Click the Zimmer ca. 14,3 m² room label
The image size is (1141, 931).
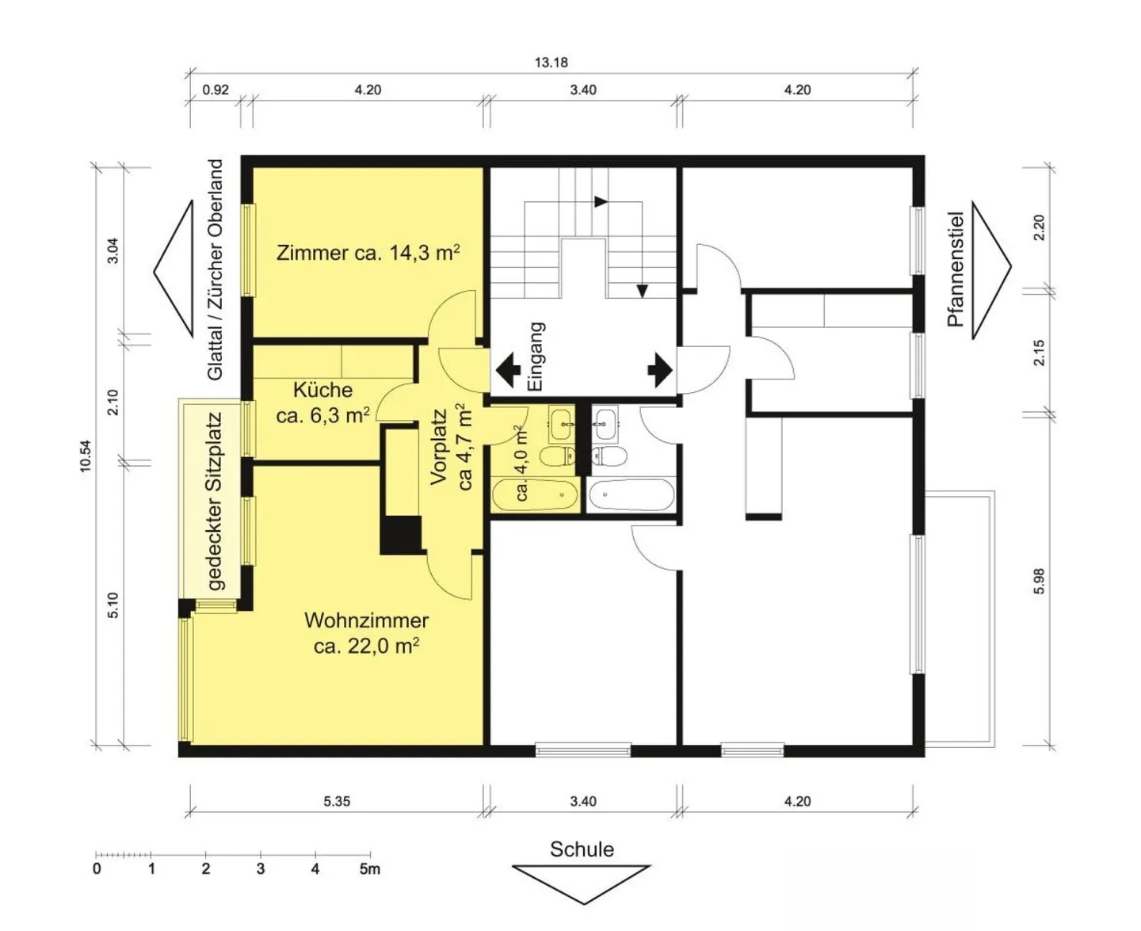[368, 253]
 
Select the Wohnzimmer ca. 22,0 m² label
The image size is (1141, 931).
[366, 633]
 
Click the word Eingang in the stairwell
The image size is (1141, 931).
[536, 356]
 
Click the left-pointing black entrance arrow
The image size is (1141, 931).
[508, 370]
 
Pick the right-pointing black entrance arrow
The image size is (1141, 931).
[659, 370]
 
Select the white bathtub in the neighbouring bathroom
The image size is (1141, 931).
[632, 495]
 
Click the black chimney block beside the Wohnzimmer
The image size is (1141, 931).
[401, 535]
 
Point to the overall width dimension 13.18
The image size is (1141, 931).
[551, 62]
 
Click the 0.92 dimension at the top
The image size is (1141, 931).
[216, 90]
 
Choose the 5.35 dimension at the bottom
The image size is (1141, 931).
[337, 801]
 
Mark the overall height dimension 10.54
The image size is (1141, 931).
[86, 456]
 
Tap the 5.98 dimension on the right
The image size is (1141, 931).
[1040, 582]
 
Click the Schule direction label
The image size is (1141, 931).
[582, 849]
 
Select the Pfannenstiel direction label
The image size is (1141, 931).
[956, 269]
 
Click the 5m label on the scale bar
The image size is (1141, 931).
[369, 869]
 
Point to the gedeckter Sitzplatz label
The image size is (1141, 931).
[215, 502]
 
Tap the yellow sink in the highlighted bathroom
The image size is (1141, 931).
[562, 423]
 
